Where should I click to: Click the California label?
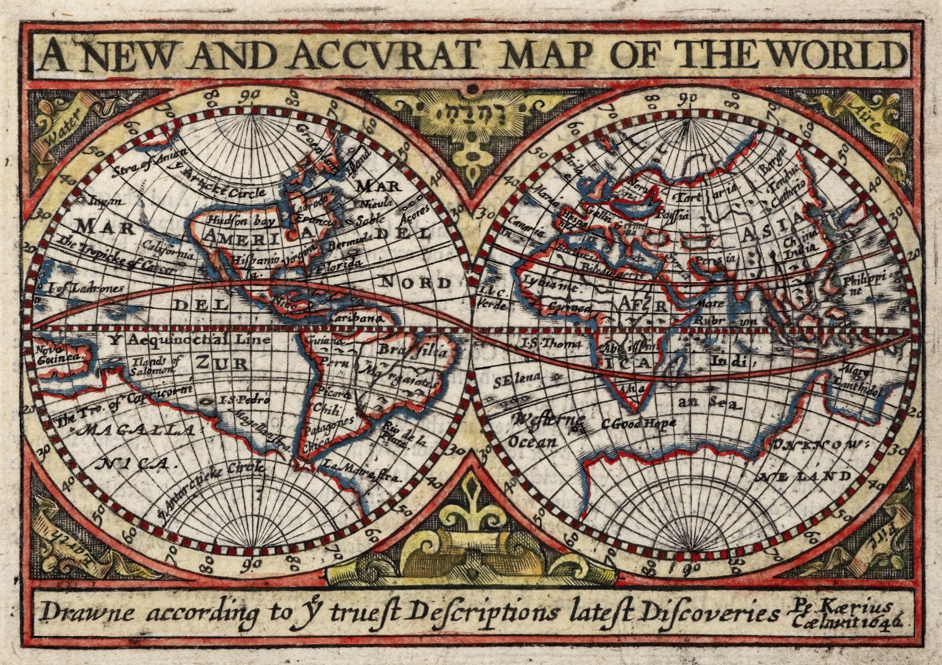(168, 250)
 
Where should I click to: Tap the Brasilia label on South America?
(413, 350)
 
